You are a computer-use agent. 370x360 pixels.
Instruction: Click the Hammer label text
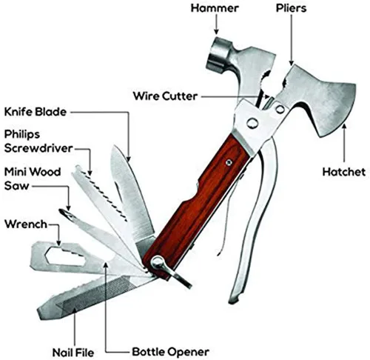pyautogui.click(x=215, y=8)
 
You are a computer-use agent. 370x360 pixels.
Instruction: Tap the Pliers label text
pyautogui.click(x=291, y=8)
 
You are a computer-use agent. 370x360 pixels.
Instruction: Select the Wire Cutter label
pyautogui.click(x=165, y=96)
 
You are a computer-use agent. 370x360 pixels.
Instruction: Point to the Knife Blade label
pyautogui.click(x=36, y=112)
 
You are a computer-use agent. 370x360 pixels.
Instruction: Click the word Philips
pyautogui.click(x=22, y=134)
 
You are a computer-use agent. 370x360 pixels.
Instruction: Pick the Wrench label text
pyautogui.click(x=26, y=224)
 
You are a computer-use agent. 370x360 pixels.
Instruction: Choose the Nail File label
pyautogui.click(x=73, y=353)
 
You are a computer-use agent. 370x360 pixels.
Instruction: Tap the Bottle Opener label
pyautogui.click(x=171, y=352)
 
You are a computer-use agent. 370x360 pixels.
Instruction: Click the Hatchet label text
pyautogui.click(x=344, y=172)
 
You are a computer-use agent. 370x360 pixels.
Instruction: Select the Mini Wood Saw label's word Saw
pyautogui.click(x=17, y=186)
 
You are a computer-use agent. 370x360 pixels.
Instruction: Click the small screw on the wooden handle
pyautogui.click(x=229, y=162)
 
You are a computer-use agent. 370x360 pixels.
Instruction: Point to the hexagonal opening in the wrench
pyautogui.click(x=65, y=256)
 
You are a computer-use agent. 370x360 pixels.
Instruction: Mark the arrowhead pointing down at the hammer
pyautogui.click(x=216, y=31)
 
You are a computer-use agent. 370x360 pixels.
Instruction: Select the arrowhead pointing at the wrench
pyautogui.click(x=58, y=243)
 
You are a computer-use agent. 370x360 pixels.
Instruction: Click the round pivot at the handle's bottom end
pyautogui.click(x=156, y=262)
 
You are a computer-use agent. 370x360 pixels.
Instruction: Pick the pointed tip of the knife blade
pyautogui.click(x=114, y=146)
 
